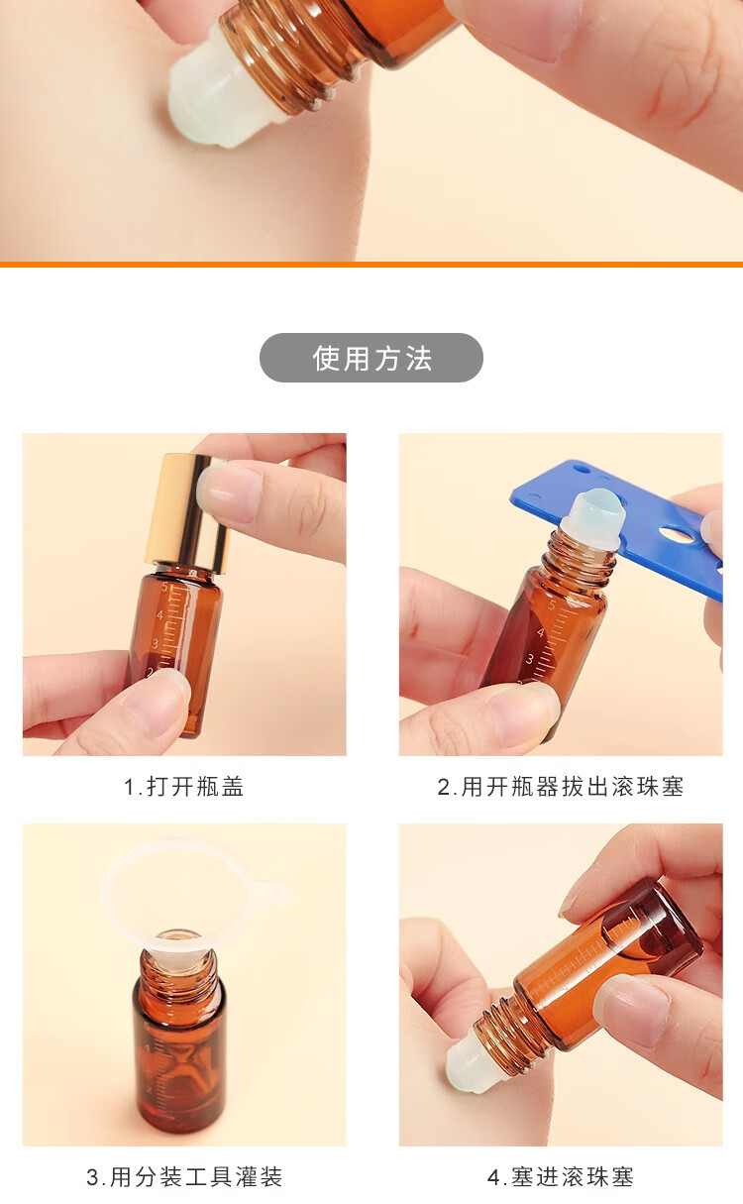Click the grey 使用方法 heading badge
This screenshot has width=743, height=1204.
tap(371, 358)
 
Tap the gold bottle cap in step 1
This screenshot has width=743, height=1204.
tap(186, 513)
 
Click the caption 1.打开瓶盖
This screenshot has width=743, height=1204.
tap(183, 787)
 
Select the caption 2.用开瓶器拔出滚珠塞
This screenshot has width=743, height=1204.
tap(561, 787)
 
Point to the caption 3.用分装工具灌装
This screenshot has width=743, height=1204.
tap(184, 1176)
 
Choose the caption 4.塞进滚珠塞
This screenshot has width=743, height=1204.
tap(561, 1176)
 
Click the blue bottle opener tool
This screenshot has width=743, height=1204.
tap(618, 527)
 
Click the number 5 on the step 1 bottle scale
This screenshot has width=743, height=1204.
tap(164, 587)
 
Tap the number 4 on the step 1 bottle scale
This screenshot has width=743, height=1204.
tap(159, 615)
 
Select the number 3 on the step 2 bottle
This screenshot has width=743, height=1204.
tap(530, 659)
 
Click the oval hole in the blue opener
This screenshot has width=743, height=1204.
tap(675, 534)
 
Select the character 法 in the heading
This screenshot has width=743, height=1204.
tap(419, 359)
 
